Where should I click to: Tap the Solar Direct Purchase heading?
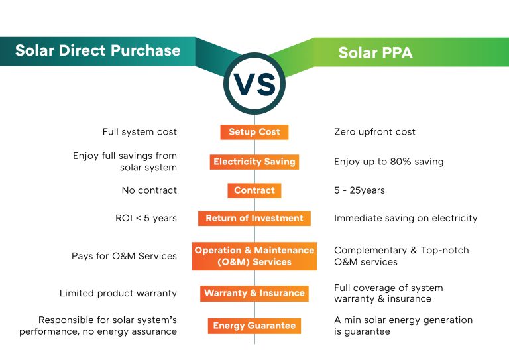pyautogui.click(x=97, y=51)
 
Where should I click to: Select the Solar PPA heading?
pyautogui.click(x=375, y=52)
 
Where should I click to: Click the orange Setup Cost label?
pyautogui.click(x=254, y=132)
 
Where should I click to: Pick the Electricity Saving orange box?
pyautogui.click(x=254, y=162)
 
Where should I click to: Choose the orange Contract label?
pyautogui.click(x=254, y=190)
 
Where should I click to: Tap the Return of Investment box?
pyautogui.click(x=254, y=218)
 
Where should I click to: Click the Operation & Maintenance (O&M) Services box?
pyautogui.click(x=254, y=256)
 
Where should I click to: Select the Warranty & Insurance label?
pyautogui.click(x=254, y=293)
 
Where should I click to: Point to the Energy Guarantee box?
pyautogui.click(x=254, y=326)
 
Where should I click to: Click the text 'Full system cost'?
pyautogui.click(x=139, y=132)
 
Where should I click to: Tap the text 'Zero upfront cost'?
pyautogui.click(x=374, y=132)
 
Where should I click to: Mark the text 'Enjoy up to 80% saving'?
pyautogui.click(x=388, y=162)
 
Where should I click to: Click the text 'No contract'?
pyautogui.click(x=149, y=190)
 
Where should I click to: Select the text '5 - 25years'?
pyautogui.click(x=359, y=190)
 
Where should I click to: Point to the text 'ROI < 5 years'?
pyautogui.click(x=146, y=218)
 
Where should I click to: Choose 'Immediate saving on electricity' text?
pyautogui.click(x=405, y=218)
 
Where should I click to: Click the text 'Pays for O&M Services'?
pyautogui.click(x=124, y=256)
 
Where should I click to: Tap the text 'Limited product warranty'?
pyautogui.click(x=118, y=293)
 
